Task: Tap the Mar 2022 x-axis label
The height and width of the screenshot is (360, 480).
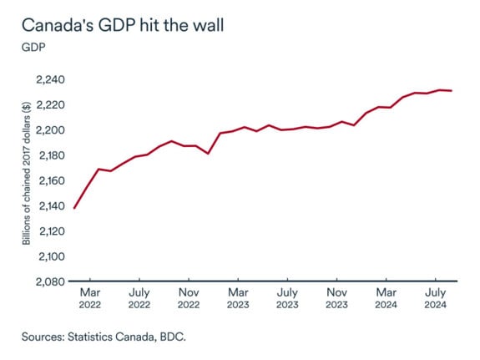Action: point(91,298)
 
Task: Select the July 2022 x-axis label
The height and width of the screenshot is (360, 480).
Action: point(139,298)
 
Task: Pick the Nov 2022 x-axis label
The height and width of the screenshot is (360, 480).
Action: point(189,298)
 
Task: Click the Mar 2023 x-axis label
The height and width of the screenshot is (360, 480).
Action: point(238,298)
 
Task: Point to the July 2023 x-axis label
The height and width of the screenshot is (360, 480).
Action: point(287,298)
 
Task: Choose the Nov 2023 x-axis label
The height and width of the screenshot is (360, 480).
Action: point(336,298)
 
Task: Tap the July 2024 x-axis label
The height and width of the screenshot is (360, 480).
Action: point(434,298)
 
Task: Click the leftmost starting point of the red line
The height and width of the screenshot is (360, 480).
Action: point(74,208)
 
